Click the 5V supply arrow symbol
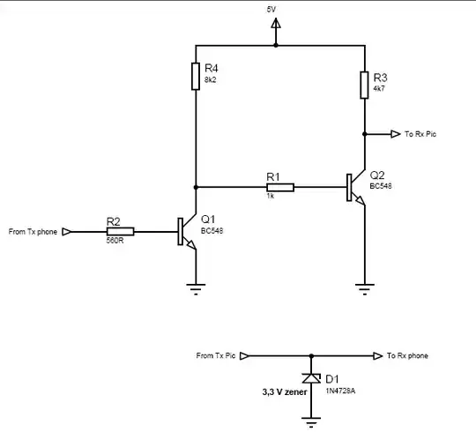click(x=276, y=32)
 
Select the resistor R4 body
click(x=195, y=76)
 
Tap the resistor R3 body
click(x=363, y=85)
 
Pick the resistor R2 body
click(x=120, y=232)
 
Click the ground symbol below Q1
click(x=195, y=286)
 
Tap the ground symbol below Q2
click(x=363, y=286)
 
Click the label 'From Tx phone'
click(x=33, y=232)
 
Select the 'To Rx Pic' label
click(x=420, y=135)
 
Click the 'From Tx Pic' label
click(x=216, y=356)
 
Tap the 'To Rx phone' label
click(x=407, y=356)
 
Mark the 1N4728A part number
click(x=341, y=390)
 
